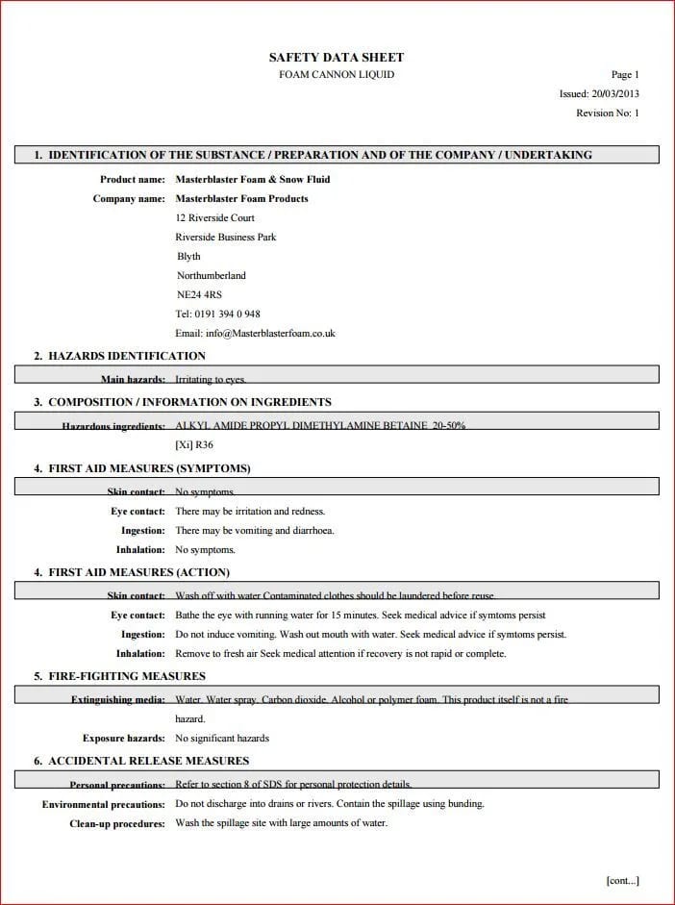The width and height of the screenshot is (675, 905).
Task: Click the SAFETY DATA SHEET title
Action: (x=337, y=58)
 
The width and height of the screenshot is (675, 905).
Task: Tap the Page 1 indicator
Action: (x=625, y=75)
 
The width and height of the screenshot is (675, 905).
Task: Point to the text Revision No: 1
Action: (x=608, y=113)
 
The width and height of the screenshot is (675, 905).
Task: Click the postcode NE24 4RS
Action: (x=199, y=295)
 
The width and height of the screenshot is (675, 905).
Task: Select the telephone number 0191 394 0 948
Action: (x=217, y=314)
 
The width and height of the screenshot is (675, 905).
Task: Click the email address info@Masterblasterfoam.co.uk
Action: (x=255, y=334)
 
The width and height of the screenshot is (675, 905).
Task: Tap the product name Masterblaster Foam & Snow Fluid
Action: (x=253, y=180)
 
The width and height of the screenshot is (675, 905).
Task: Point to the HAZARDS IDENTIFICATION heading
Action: (x=126, y=356)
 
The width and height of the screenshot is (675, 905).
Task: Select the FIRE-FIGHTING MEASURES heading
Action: (x=126, y=676)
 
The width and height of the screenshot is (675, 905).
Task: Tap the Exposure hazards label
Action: (x=123, y=739)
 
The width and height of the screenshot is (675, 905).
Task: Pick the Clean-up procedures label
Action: (x=117, y=823)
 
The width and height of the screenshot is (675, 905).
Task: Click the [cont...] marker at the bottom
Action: (x=622, y=880)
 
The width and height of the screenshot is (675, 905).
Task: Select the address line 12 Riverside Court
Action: (x=214, y=218)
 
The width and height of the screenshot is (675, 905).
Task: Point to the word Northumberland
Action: (x=212, y=276)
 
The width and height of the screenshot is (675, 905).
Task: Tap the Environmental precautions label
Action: (x=104, y=804)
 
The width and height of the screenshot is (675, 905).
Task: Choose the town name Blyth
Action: (x=189, y=257)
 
